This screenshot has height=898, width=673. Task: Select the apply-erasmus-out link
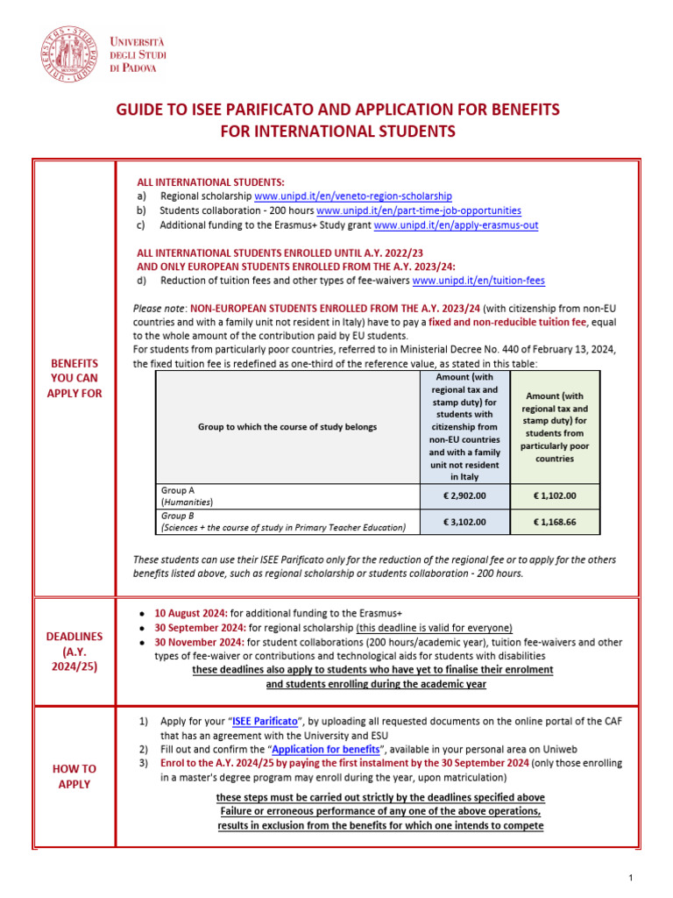click(456, 225)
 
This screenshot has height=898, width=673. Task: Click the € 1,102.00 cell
click(555, 495)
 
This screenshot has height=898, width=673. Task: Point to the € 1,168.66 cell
click(555, 523)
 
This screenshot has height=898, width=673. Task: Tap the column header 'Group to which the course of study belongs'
click(287, 427)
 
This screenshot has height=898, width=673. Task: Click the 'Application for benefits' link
click(326, 750)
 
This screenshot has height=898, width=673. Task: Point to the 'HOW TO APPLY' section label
click(74, 776)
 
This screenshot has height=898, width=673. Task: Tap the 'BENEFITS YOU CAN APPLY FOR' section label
click(74, 378)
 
